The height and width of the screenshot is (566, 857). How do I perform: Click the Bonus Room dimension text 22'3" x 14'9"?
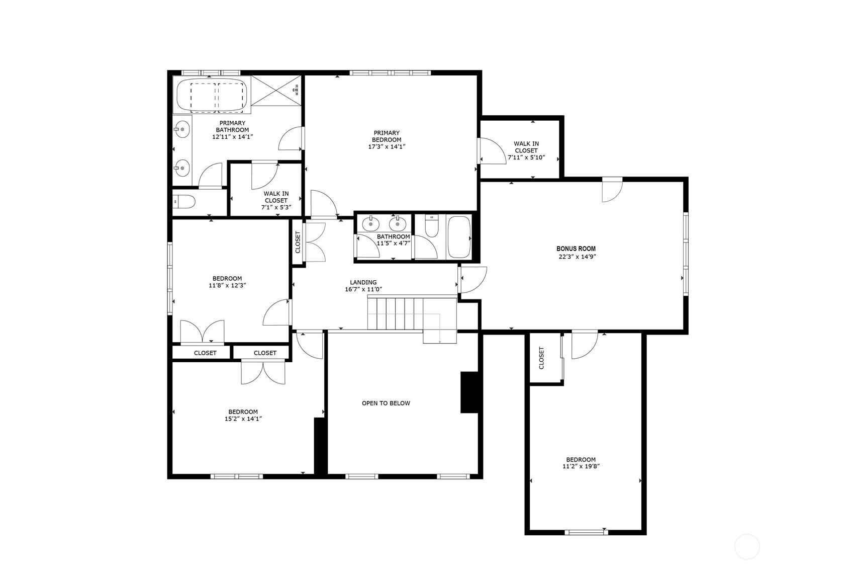(x=577, y=256)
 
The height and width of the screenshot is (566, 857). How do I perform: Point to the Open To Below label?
(x=386, y=403)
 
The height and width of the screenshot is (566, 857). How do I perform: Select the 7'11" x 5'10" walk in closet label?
(x=526, y=150)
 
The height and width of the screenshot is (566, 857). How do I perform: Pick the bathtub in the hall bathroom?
(x=458, y=237)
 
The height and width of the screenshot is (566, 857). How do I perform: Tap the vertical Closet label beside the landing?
(x=298, y=242)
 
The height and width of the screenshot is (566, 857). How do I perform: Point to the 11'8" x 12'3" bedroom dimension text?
(x=227, y=285)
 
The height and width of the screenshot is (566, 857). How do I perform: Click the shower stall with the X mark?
(x=276, y=91)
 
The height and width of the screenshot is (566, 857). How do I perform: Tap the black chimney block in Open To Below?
(x=469, y=392)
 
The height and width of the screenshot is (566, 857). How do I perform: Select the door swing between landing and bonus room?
(x=473, y=279)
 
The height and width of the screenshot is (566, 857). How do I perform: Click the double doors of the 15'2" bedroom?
(x=262, y=372)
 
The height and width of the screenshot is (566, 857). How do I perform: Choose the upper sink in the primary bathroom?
(x=183, y=130)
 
